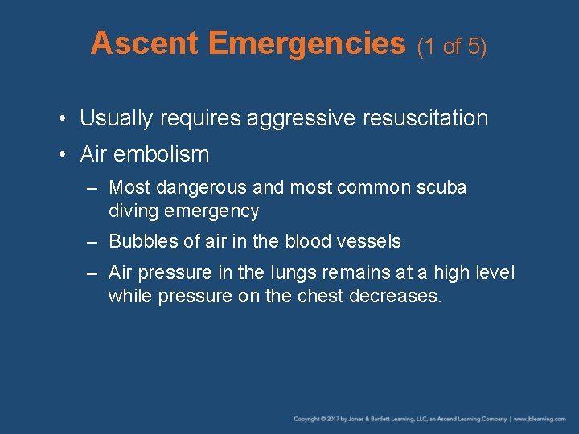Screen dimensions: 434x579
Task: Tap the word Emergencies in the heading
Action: pyautogui.click(x=306, y=43)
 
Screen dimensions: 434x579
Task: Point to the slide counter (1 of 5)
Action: pyautogui.click(x=452, y=47)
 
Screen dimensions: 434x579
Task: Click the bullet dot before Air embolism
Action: pyautogui.click(x=64, y=154)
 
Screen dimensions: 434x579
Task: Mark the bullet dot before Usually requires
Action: pyautogui.click(x=64, y=119)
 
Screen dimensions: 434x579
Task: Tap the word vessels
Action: pyautogui.click(x=372, y=241)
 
